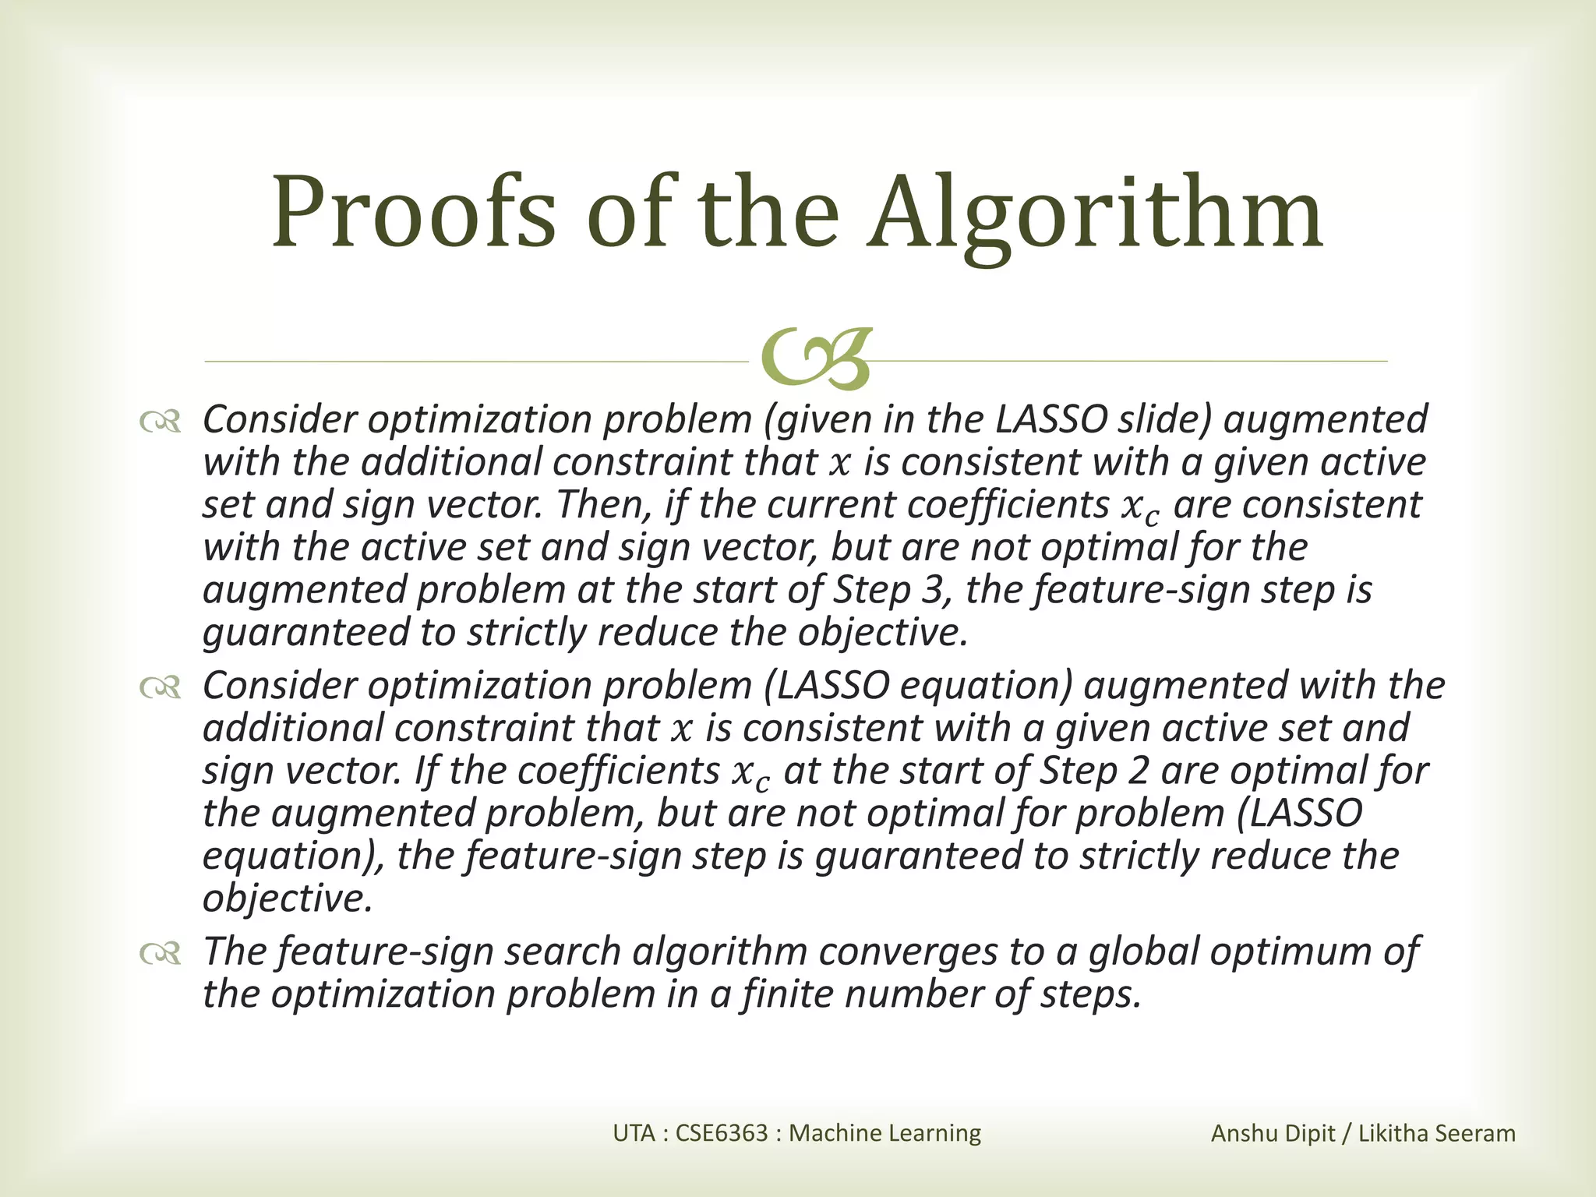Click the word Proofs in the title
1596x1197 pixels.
coord(414,212)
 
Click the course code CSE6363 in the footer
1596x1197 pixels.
coord(722,1132)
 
